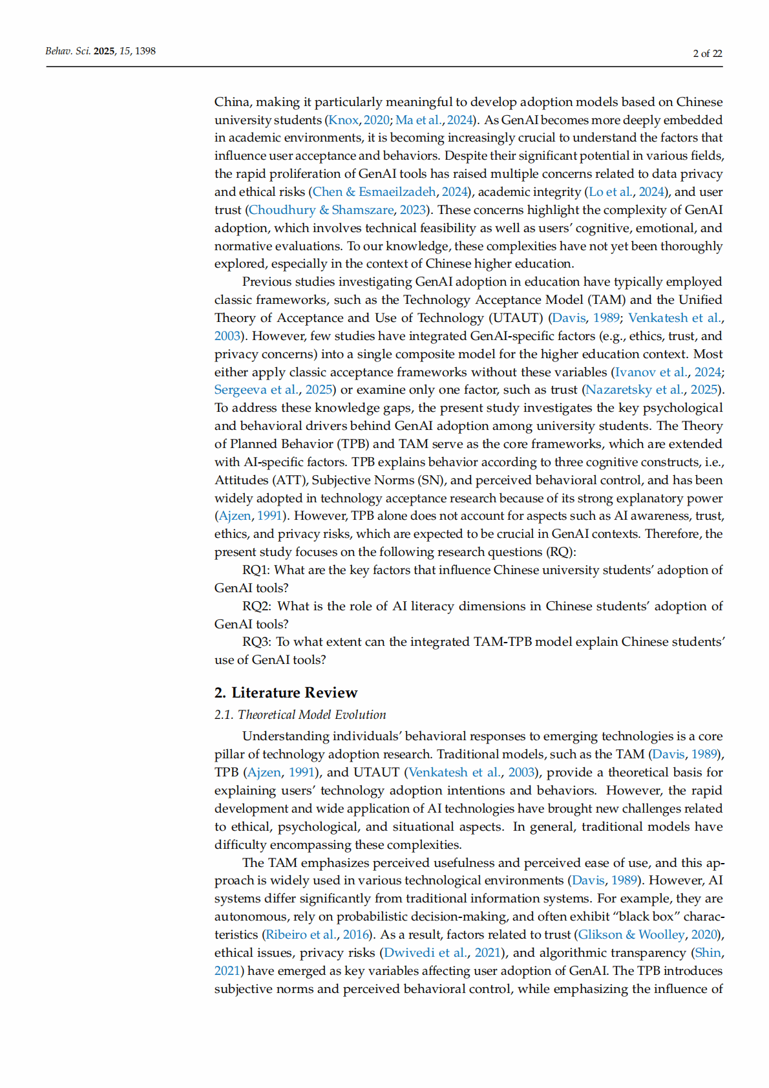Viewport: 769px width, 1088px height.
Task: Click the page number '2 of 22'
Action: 707,54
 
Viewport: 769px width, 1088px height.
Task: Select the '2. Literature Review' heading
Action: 286,692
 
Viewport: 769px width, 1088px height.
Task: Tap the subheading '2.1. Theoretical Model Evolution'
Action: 300,714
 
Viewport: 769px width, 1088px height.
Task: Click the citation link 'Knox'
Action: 343,120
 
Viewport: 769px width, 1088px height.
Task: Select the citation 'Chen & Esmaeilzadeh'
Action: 374,192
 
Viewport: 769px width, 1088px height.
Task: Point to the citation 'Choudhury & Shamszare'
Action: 321,210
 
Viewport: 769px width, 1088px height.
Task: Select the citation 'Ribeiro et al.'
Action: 301,935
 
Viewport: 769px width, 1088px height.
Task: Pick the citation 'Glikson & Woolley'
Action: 631,935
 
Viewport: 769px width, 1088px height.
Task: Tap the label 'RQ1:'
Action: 256,570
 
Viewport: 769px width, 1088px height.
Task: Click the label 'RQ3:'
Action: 257,642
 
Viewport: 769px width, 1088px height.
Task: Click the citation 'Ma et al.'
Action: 419,120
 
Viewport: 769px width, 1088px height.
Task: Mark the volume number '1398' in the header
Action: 145,51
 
